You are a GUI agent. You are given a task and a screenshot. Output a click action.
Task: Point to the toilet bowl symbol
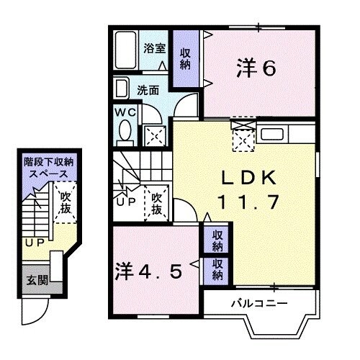(x=124, y=132)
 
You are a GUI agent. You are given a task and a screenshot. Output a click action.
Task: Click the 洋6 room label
(x=256, y=68)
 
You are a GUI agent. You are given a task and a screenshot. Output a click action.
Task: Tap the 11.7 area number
(x=248, y=202)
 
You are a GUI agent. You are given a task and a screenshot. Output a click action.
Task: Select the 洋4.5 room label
(x=155, y=271)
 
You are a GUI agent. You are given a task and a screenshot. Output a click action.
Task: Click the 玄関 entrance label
(x=34, y=279)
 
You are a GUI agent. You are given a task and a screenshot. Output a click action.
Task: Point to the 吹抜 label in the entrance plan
(x=66, y=201)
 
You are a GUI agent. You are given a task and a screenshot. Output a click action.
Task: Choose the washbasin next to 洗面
(x=121, y=90)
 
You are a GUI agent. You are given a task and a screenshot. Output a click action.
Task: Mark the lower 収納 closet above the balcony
(x=216, y=270)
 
